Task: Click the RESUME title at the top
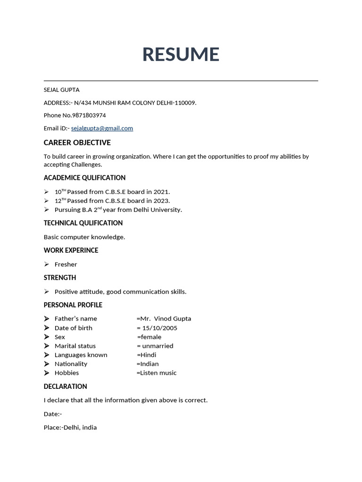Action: click(181, 55)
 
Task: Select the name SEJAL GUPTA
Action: click(62, 90)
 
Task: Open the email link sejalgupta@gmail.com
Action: click(102, 128)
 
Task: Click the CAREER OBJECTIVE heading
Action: click(77, 143)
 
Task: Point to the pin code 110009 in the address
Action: click(185, 103)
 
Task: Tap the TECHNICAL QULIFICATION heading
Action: click(83, 223)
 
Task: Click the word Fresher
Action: click(66, 265)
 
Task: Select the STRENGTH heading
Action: click(60, 278)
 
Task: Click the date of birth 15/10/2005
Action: click(160, 328)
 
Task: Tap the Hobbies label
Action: click(67, 373)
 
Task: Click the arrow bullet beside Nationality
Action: click(47, 364)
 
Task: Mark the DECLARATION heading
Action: click(66, 386)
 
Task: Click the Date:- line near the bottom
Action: click(53, 414)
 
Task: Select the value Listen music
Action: click(158, 373)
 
